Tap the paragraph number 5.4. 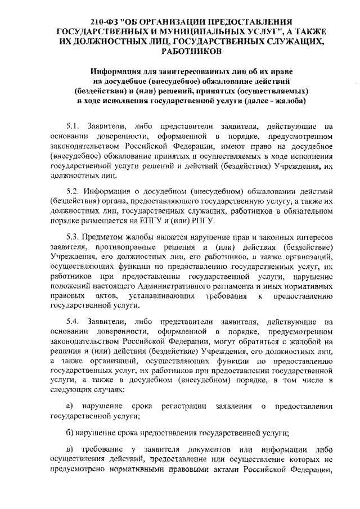[x=73, y=321]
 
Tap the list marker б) [x=70, y=433]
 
